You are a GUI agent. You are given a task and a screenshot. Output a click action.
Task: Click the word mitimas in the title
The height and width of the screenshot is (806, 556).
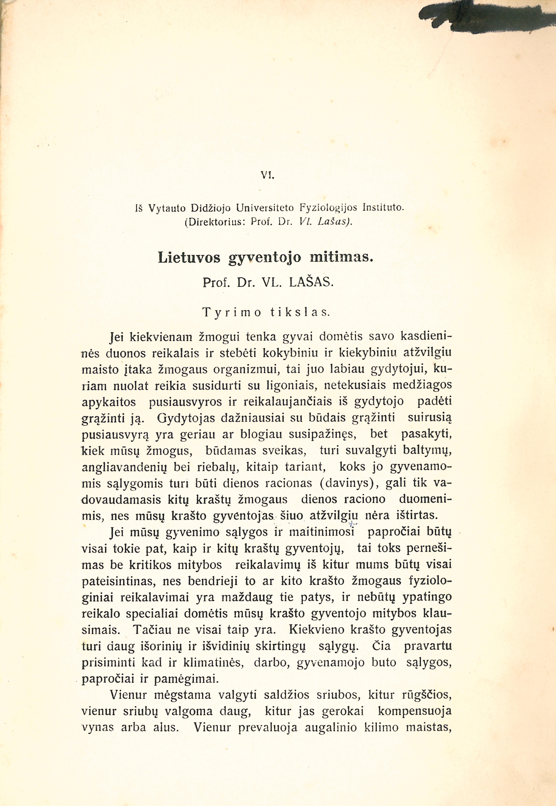[x=341, y=258]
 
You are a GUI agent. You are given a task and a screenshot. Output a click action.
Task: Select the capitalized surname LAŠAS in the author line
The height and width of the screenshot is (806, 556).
[x=312, y=282]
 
